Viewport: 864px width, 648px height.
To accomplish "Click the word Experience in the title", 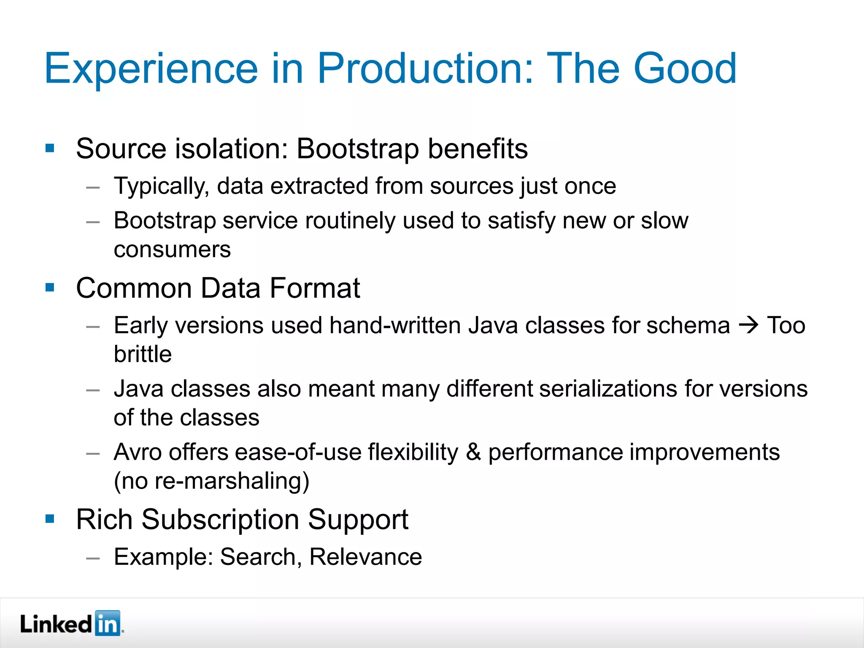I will (151, 69).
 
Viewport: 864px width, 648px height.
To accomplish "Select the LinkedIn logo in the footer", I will (71, 624).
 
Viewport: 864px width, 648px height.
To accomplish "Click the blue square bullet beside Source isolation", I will (50, 148).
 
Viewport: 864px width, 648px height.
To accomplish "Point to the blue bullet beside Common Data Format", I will (50, 288).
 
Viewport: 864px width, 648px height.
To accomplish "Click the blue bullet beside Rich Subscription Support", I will (50, 518).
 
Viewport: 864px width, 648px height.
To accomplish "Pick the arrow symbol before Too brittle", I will (749, 325).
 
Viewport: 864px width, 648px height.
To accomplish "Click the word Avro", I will (138, 452).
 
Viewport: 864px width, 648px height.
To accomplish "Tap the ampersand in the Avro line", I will (473, 452).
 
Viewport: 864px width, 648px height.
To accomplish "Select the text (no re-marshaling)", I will (211, 481).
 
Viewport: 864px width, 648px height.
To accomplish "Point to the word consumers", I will (172, 249).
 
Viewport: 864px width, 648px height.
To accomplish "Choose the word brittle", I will (143, 354).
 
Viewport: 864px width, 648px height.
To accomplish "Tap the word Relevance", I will (365, 556).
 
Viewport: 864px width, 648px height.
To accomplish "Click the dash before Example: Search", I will (93, 558).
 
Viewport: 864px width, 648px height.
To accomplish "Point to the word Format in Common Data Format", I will (314, 288).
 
